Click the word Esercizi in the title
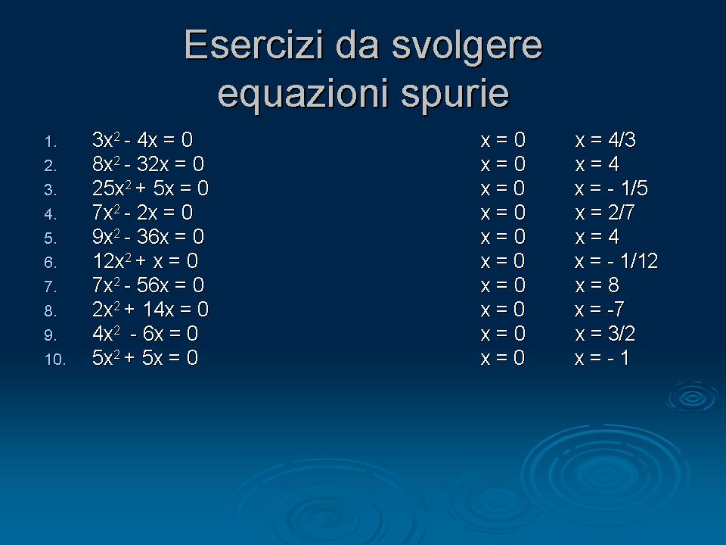(x=253, y=45)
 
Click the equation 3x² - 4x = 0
(x=143, y=139)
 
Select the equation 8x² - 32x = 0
(x=148, y=163)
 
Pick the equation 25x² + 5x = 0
(x=150, y=188)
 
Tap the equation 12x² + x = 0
(x=145, y=261)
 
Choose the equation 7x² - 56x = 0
(x=148, y=285)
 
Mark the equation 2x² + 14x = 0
(x=150, y=309)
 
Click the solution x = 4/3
(x=605, y=139)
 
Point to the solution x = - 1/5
(x=611, y=188)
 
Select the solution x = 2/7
(x=605, y=212)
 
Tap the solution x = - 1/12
(x=616, y=261)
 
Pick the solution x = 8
(x=597, y=285)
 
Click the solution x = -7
(x=600, y=309)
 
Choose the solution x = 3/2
(x=605, y=334)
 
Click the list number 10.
(x=55, y=359)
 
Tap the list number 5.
(x=51, y=238)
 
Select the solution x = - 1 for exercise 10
(x=602, y=358)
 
